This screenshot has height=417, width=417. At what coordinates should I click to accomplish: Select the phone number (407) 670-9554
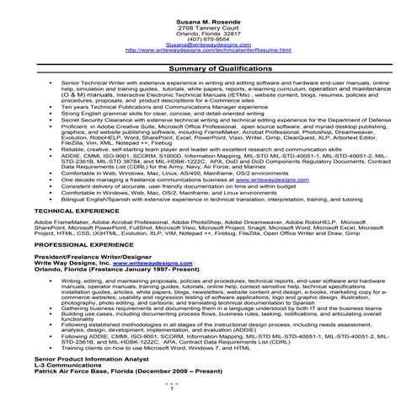click(208, 38)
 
